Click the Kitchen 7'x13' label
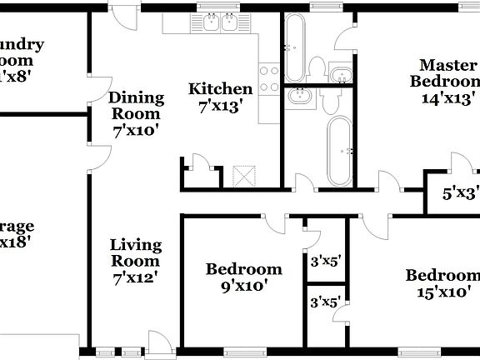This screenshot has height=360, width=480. tap(220, 97)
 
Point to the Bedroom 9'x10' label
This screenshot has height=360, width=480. tap(243, 277)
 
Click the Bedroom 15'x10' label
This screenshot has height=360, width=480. tap(442, 283)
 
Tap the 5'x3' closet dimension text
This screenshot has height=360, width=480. tap(459, 193)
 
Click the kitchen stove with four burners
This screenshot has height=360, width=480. tap(269, 77)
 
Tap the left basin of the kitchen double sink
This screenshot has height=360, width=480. tap(207, 23)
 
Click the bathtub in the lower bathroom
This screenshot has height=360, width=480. tap(340, 151)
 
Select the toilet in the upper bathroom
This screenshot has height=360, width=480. tap(316, 67)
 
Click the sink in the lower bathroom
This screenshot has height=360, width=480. tap(299, 98)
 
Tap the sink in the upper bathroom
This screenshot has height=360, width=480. tap(341, 77)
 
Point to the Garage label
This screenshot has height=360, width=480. tap(17, 233)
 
